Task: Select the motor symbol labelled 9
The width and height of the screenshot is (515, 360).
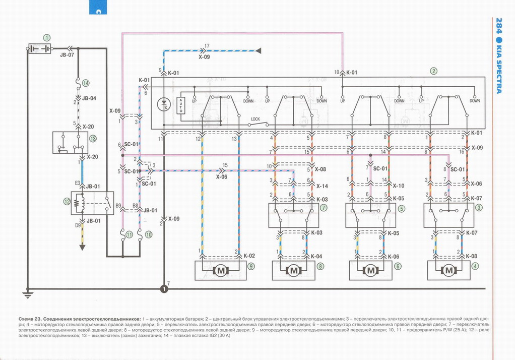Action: (x=221, y=271)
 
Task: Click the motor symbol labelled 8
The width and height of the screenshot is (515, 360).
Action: (x=294, y=271)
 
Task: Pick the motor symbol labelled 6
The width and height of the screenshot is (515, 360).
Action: (x=371, y=271)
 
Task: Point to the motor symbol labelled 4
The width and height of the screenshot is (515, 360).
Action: (x=448, y=271)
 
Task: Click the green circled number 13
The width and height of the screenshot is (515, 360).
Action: (x=92, y=138)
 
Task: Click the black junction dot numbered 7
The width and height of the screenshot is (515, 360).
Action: (x=164, y=289)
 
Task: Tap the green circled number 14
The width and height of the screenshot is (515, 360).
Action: (x=86, y=83)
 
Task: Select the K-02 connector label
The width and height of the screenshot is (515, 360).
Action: (x=248, y=256)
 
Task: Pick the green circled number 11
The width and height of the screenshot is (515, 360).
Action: (x=129, y=234)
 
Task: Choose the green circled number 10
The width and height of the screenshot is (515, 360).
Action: (x=148, y=234)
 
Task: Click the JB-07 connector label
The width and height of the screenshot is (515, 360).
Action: (x=67, y=54)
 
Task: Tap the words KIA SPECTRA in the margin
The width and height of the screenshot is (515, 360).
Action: (x=499, y=71)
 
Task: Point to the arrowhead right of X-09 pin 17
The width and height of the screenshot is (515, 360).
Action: (x=259, y=50)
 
